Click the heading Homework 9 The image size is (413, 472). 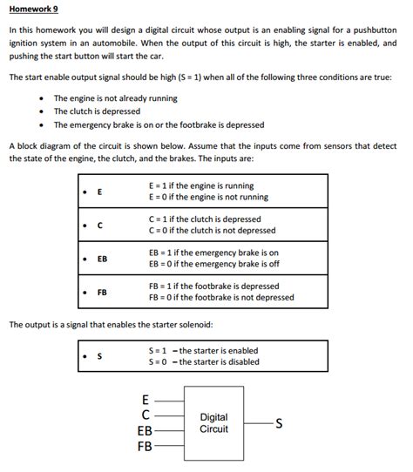pos(34,10)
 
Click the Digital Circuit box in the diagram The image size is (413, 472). pos(213,424)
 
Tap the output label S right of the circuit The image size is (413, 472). pos(279,424)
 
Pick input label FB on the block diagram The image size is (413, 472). pos(144,447)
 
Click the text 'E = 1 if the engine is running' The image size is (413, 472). pos(201,185)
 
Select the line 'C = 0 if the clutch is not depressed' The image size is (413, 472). pos(212,231)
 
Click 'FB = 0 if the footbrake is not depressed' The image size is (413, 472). pos(221,297)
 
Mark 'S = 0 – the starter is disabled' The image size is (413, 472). pos(204,362)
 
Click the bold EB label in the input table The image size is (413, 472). pos(102,259)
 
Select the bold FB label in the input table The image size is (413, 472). pos(102,293)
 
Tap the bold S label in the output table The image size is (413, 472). pos(99,357)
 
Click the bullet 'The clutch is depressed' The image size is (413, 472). pos(96,111)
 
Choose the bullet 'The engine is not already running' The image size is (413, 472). pos(115,98)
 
